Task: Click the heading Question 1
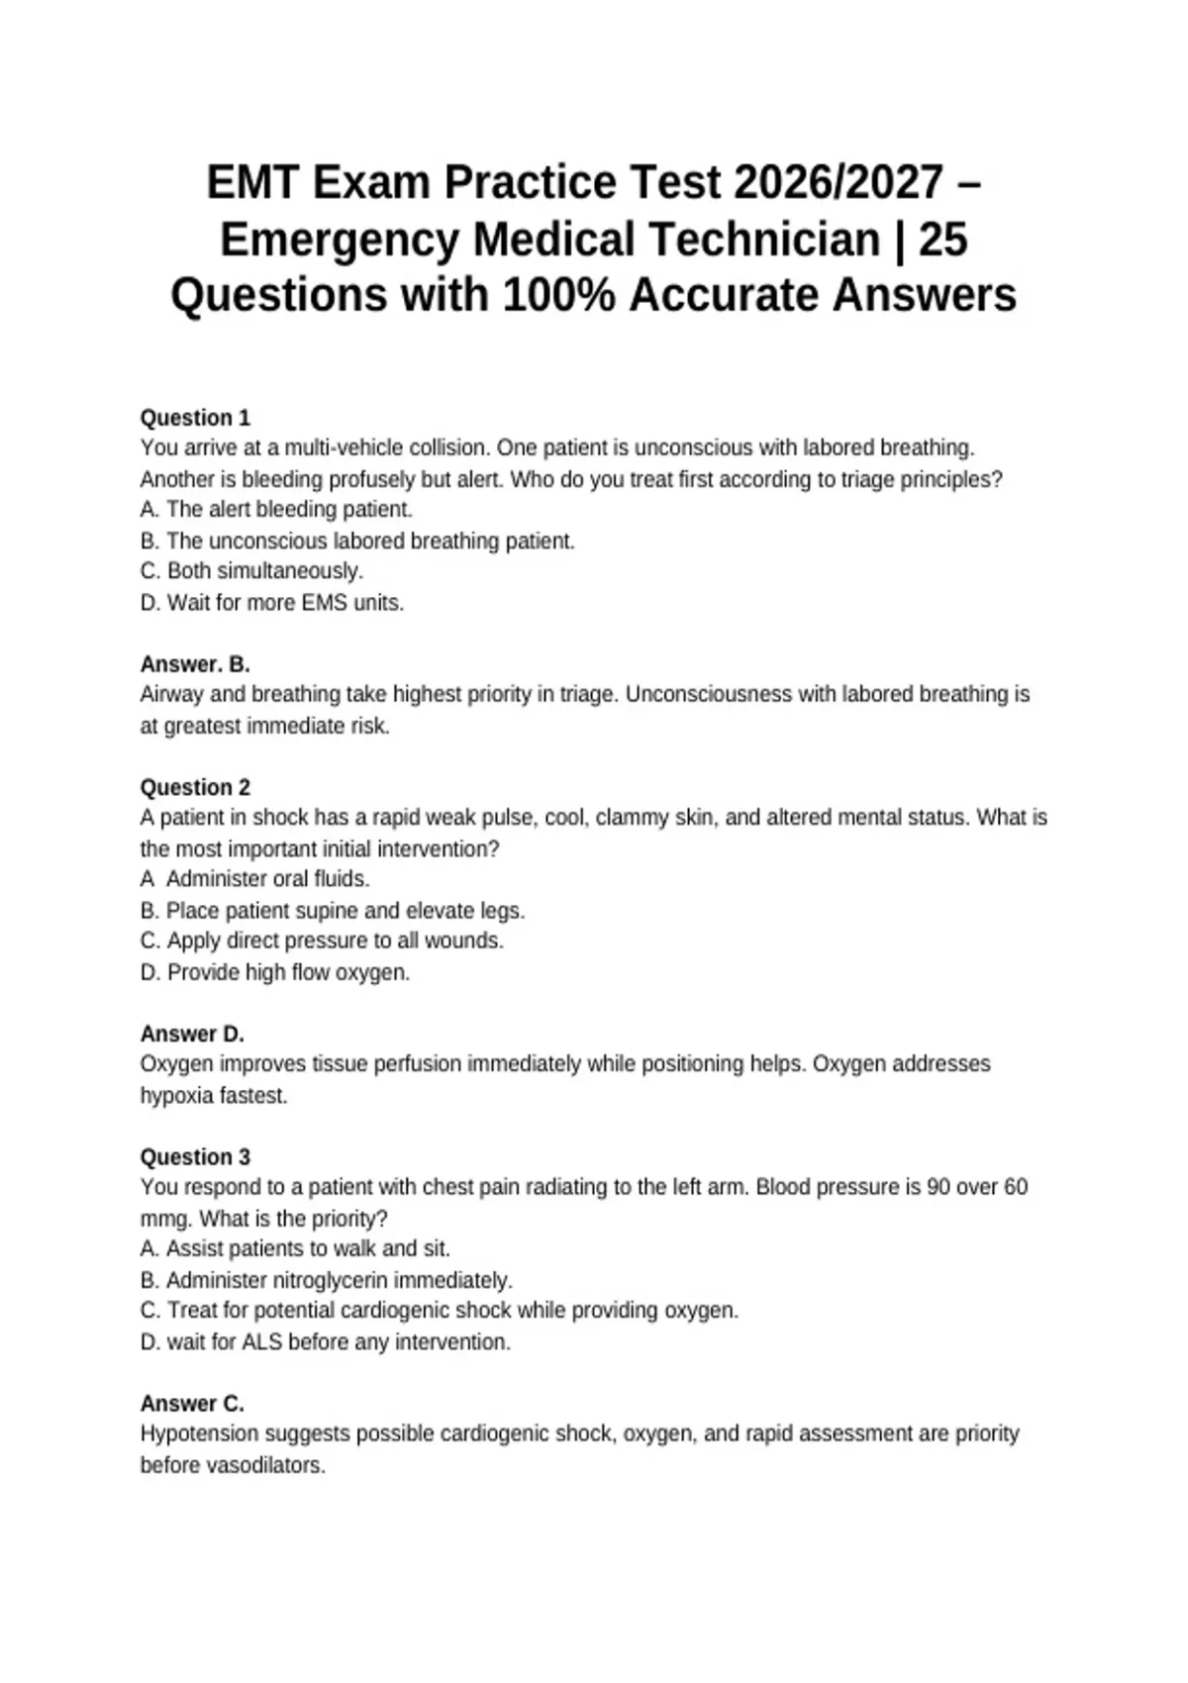[x=195, y=418]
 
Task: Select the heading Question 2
[x=195, y=788]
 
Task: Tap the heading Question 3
[x=195, y=1157]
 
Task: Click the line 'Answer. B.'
[x=195, y=664]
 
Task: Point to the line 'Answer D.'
[x=192, y=1035]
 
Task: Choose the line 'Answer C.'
[x=192, y=1404]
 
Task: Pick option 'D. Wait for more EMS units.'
[x=272, y=603]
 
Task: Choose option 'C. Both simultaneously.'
[x=252, y=571]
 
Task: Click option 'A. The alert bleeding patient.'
[x=276, y=510]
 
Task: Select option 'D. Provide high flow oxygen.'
[x=275, y=973]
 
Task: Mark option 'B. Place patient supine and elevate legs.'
[x=333, y=911]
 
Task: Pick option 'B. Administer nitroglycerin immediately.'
[x=327, y=1281]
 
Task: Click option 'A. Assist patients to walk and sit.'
[x=295, y=1249]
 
